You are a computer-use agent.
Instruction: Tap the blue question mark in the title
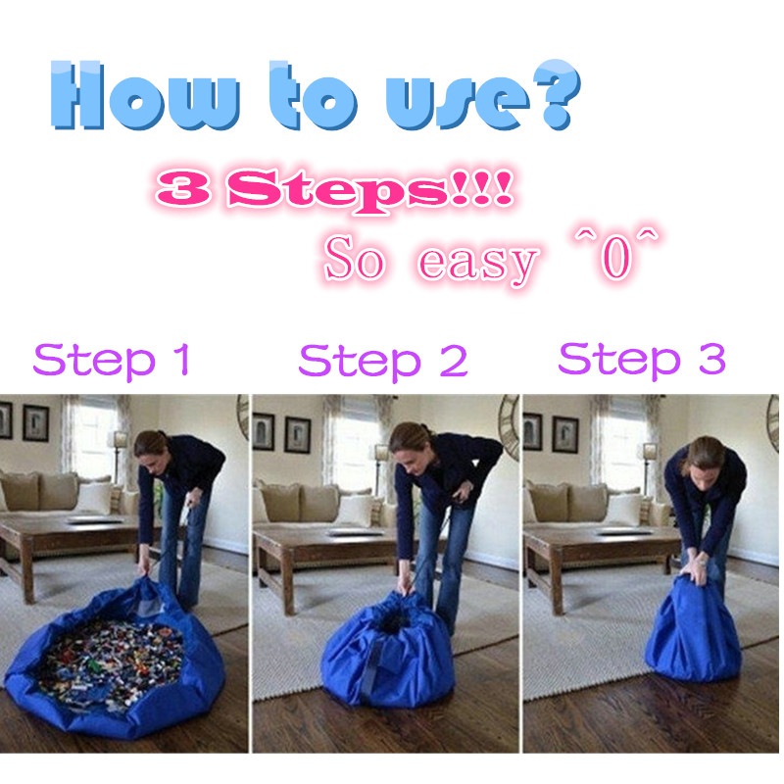pyautogui.click(x=556, y=94)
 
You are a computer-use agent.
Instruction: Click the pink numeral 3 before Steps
pyautogui.click(x=183, y=188)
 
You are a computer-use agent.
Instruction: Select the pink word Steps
pyautogui.click(x=338, y=190)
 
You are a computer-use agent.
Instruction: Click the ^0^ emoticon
pyautogui.click(x=617, y=256)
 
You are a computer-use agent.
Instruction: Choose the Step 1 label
pyautogui.click(x=111, y=360)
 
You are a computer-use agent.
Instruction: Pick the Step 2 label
pyautogui.click(x=383, y=361)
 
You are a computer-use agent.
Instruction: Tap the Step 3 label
pyautogui.click(x=642, y=360)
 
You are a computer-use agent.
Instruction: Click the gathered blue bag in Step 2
pyautogui.click(x=388, y=650)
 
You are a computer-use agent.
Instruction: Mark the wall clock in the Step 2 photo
pyautogui.click(x=509, y=427)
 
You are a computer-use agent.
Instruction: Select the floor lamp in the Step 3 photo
pyautogui.click(x=648, y=470)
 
